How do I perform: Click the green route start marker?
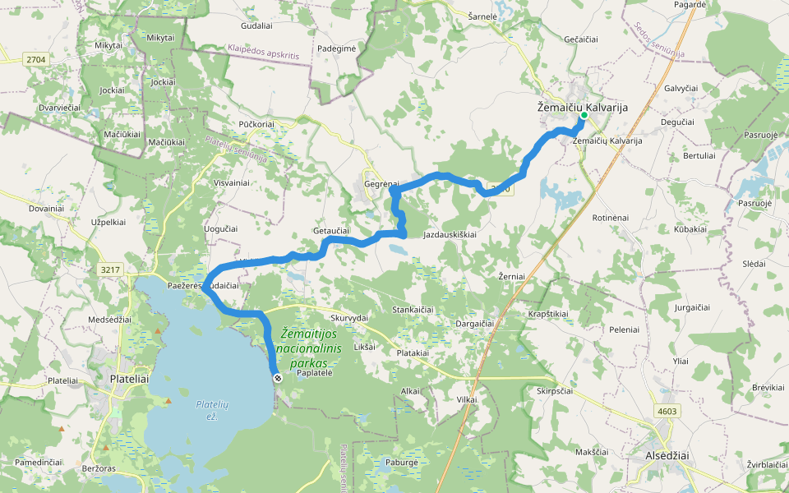(584, 116)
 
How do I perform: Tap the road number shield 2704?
(35, 59)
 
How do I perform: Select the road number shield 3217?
(108, 269)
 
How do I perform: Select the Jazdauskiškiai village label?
(450, 235)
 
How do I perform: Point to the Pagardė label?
(690, 4)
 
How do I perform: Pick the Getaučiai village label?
(331, 231)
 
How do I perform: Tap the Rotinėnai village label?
(610, 217)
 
